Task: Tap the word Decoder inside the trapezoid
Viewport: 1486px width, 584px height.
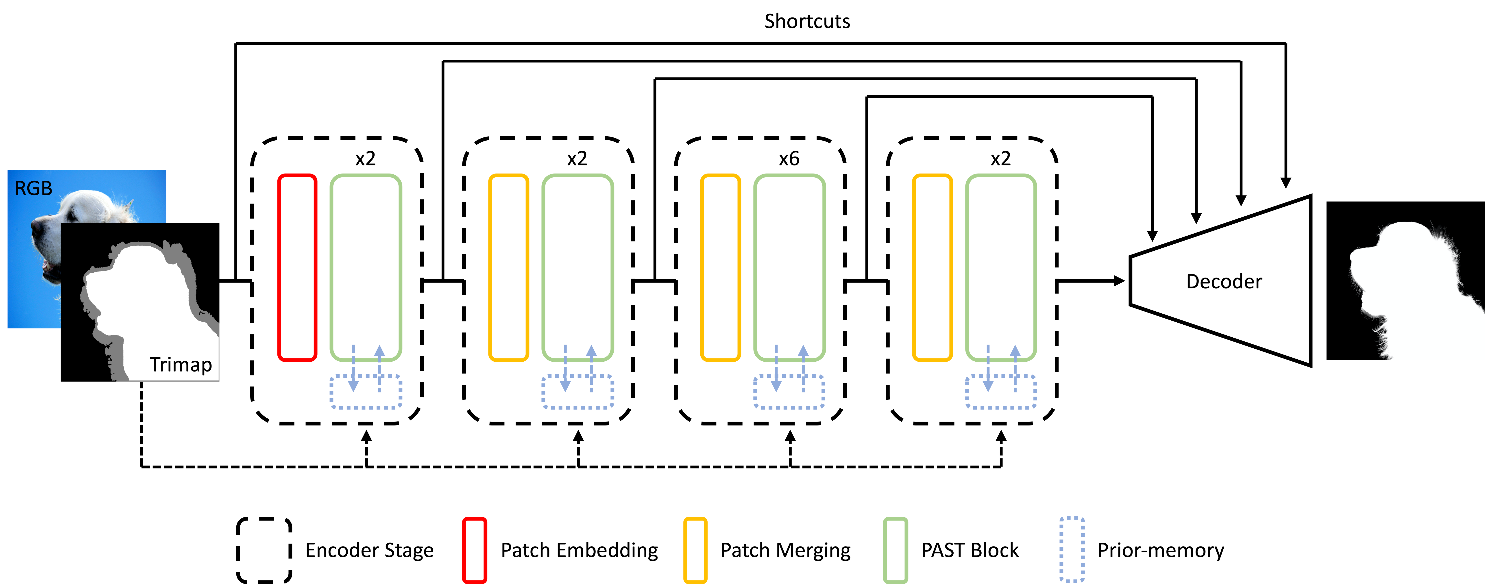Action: pos(1224,281)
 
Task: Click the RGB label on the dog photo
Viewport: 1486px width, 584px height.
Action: pos(33,189)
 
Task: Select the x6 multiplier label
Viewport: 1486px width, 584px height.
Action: pos(789,158)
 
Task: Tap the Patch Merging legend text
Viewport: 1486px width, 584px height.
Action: pos(785,551)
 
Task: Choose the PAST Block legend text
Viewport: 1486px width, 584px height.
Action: pos(970,551)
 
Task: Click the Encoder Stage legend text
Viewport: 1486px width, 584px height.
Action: pos(369,551)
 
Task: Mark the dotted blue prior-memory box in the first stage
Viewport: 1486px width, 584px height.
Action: pos(366,392)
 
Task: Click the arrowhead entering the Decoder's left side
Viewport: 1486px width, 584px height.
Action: pos(1120,281)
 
